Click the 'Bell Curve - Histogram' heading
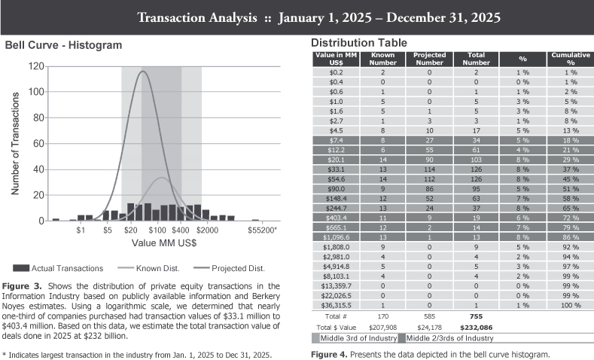(63, 45)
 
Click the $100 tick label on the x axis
(157, 230)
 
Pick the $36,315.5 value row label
(336, 306)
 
